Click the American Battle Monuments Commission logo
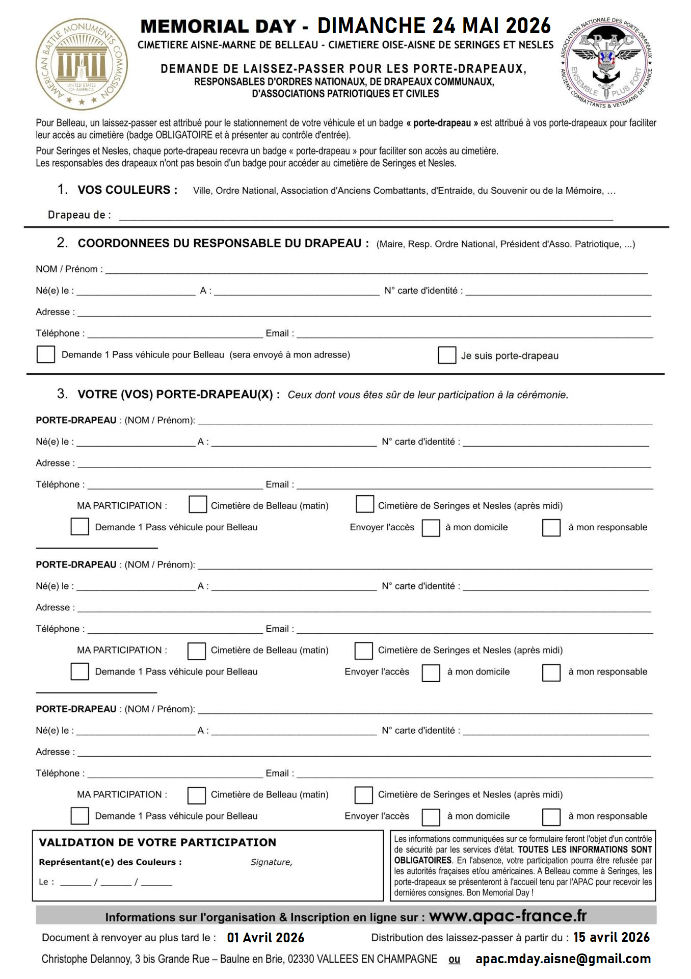82,64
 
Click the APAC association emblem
606,63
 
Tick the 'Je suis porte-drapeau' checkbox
447,355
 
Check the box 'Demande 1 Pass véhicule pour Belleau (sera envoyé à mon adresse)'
46,354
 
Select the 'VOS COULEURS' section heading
127,190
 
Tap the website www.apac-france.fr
508,916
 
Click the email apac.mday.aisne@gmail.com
563,959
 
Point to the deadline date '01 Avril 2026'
265,938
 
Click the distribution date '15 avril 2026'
612,937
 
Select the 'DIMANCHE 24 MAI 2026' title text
434,25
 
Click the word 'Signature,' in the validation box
271,862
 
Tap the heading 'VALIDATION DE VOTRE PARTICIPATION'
157,842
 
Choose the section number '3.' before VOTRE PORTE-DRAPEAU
62,394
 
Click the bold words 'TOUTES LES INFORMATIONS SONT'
584,849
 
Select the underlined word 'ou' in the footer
454,960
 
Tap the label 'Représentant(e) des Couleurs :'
110,862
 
